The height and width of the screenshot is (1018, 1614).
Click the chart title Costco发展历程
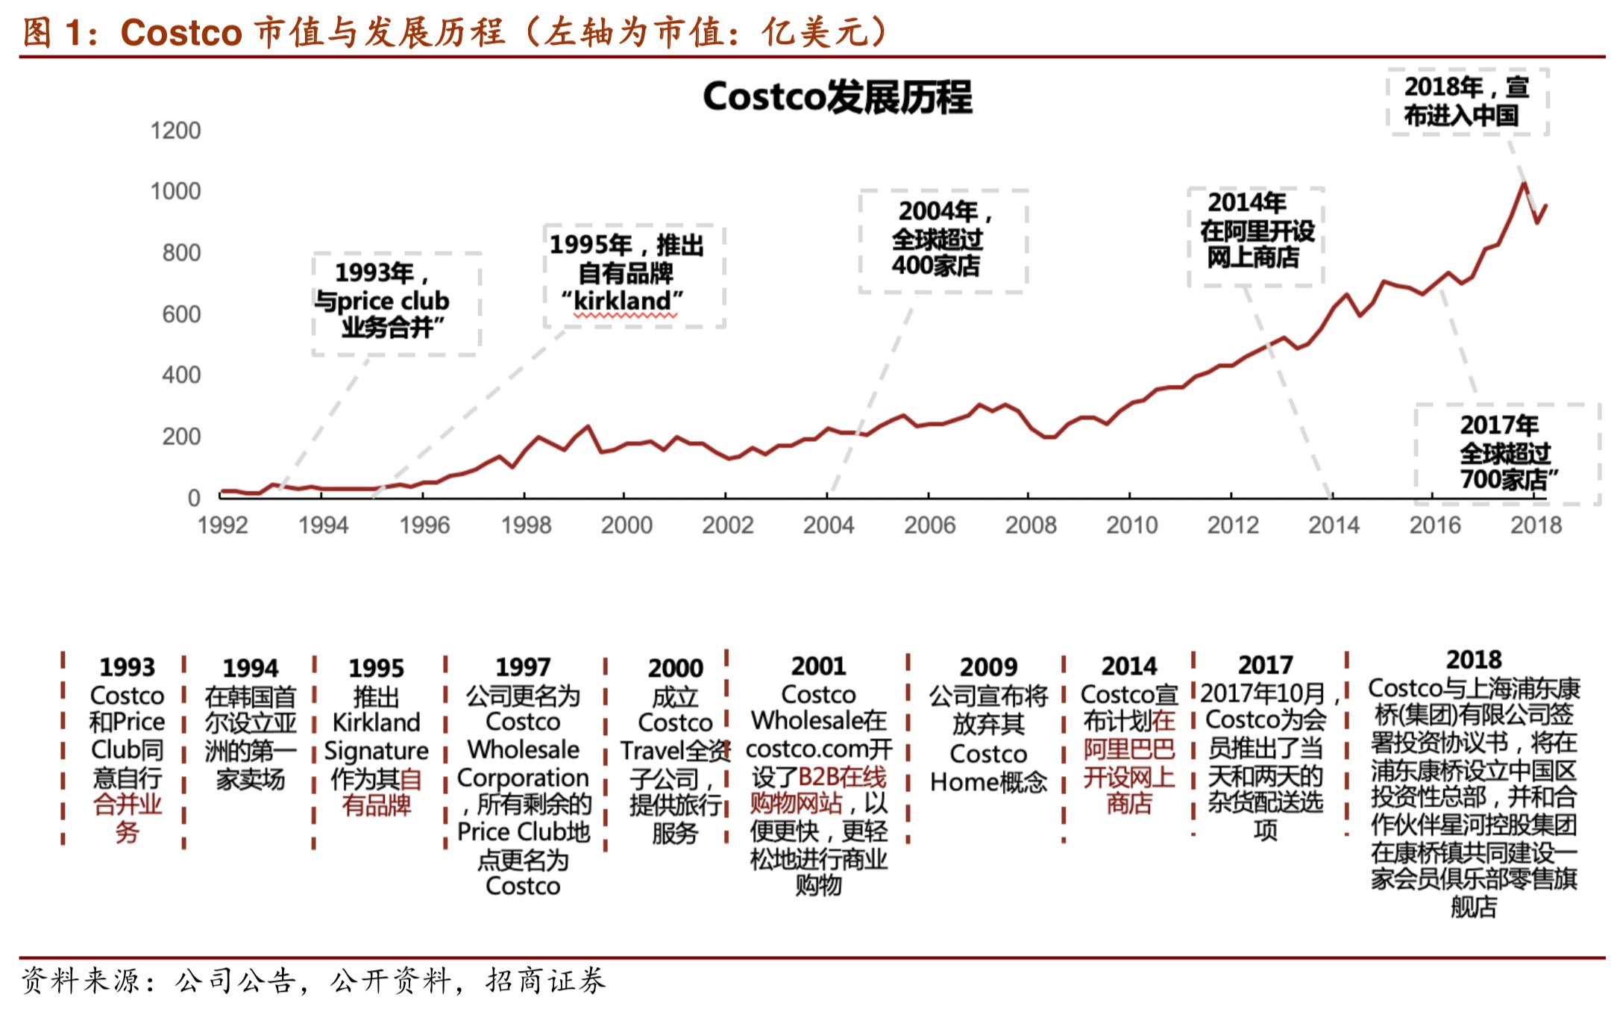837,97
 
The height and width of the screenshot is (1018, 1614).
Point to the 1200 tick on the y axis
175,131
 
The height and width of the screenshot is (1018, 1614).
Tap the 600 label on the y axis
181,314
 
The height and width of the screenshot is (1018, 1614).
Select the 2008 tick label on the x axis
1030,525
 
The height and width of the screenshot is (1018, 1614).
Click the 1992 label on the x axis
222,525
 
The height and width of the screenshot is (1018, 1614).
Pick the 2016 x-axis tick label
1434,525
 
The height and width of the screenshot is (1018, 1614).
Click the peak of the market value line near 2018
1524,184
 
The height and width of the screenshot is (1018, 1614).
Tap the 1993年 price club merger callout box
395,302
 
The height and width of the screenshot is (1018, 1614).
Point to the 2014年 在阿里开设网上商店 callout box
1255,235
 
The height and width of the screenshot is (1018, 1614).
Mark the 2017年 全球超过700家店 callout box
1507,453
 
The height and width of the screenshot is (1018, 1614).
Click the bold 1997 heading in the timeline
522,666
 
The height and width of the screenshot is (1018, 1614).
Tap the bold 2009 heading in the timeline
987,666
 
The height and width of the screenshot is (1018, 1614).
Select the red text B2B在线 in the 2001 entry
841,777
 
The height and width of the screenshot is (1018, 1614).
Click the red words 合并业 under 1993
128,805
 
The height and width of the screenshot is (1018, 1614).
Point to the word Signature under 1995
376,750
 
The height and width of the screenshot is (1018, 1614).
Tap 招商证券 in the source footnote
545,981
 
